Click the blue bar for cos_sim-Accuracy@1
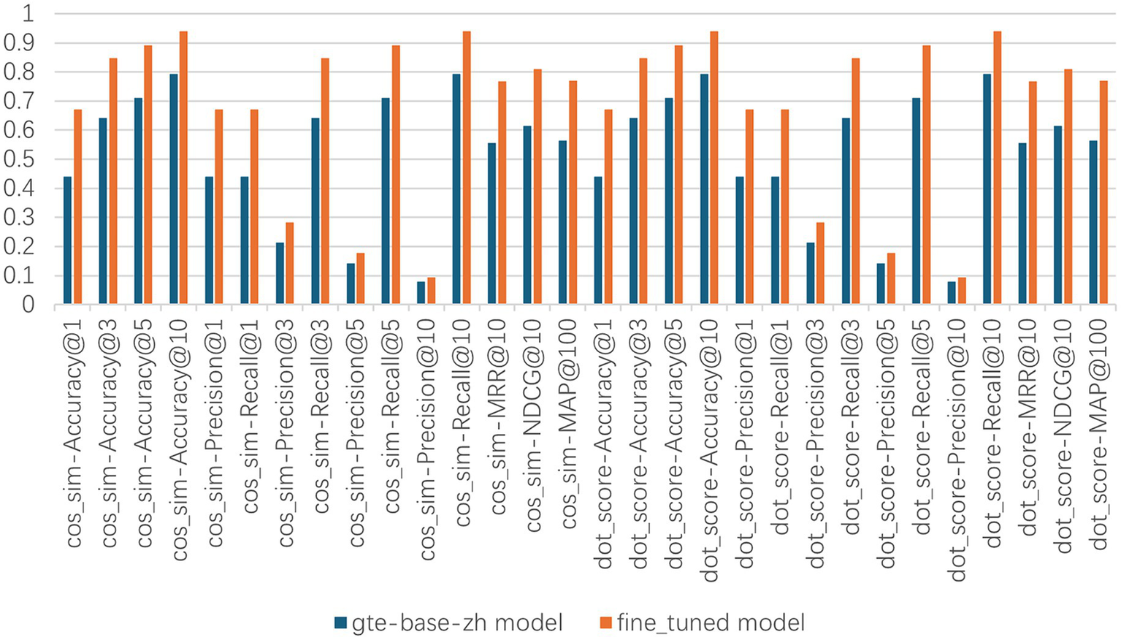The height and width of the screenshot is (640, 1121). tap(68, 240)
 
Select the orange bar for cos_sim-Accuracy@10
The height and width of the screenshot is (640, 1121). tap(183, 168)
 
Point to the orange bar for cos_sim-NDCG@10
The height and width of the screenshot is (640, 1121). tap(537, 186)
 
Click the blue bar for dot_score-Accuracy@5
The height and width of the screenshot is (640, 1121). tap(669, 201)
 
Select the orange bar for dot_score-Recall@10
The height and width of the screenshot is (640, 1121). tap(997, 168)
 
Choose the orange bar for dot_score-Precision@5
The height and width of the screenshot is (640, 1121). tap(890, 278)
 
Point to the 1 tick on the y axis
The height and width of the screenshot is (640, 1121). tap(28, 14)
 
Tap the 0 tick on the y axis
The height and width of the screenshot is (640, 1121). tap(28, 305)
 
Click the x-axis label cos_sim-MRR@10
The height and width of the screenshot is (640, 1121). tap(498, 431)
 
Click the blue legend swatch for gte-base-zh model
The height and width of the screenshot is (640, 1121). tap(340, 622)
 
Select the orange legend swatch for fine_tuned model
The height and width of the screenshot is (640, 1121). tap(605, 622)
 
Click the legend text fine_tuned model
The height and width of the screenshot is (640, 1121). tap(711, 622)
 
